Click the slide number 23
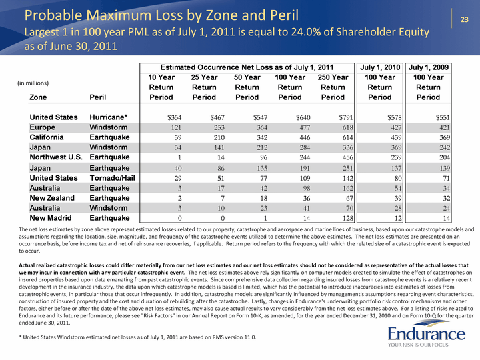point(465,19)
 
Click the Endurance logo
point(427,333)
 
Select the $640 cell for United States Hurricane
point(303,117)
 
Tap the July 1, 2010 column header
point(380,67)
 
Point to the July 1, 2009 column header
point(428,67)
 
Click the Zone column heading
point(38,97)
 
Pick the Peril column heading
point(97,97)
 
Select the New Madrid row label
point(51,218)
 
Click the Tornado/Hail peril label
point(113,178)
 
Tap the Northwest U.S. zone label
point(56,157)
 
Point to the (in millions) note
point(33,83)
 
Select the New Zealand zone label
point(52,198)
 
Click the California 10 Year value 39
point(178,138)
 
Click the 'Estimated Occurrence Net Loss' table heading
point(247,67)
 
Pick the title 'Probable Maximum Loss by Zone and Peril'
point(161,15)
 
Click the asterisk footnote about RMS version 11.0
point(137,337)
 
